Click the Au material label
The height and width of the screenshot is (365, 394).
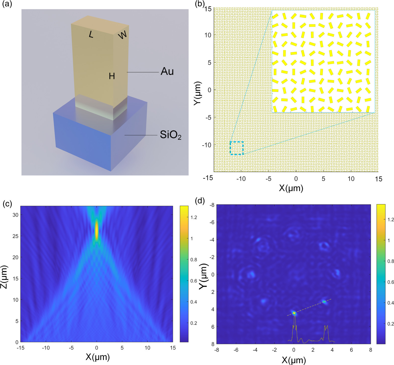tap(167, 72)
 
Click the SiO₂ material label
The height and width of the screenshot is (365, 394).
tap(170, 135)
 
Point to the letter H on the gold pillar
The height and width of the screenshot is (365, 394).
tap(112, 76)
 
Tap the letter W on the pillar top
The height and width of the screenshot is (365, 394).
tap(122, 35)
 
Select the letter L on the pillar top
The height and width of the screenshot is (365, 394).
tap(91, 35)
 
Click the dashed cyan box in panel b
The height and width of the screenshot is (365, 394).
tap(237, 148)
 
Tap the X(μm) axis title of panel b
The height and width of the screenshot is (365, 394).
tap(291, 188)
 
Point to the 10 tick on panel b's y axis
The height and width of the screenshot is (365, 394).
tap(208, 35)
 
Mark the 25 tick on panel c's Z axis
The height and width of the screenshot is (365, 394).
tap(15, 236)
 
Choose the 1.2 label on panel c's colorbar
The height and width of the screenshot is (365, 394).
tap(194, 218)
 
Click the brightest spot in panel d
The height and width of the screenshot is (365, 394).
tap(294, 313)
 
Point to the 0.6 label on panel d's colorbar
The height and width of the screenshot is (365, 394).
tap(390, 282)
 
